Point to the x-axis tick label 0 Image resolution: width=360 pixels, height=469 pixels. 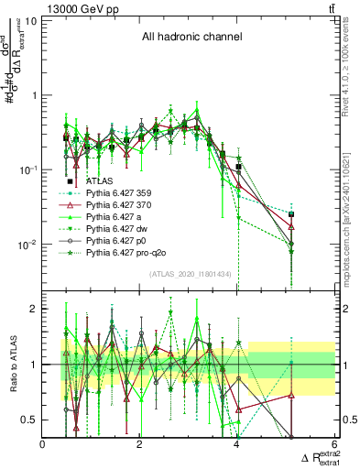(43, 444)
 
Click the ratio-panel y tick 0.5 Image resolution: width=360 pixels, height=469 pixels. (30, 420)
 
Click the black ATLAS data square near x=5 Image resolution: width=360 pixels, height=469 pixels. (291, 214)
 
